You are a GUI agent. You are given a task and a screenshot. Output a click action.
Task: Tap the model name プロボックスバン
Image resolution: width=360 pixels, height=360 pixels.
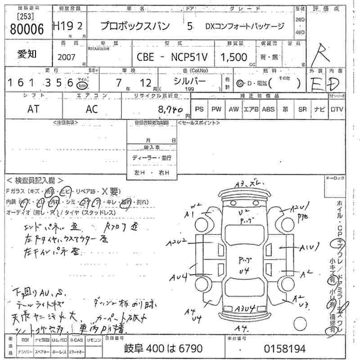[135, 27]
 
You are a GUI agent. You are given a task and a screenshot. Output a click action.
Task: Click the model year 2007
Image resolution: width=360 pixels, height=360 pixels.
[67, 58]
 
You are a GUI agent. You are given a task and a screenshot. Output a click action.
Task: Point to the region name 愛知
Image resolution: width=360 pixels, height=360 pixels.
[27, 54]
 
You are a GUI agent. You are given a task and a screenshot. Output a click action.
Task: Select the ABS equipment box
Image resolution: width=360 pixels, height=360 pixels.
[268, 109]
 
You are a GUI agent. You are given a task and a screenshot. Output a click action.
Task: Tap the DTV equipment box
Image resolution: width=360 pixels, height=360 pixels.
[336, 109]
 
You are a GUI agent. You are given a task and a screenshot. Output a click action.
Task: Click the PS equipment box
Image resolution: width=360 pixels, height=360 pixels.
[200, 109]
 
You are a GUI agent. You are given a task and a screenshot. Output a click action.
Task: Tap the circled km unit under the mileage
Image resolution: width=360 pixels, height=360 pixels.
[81, 85]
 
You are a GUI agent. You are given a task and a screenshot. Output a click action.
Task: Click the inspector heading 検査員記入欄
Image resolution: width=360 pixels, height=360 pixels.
[36, 180]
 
